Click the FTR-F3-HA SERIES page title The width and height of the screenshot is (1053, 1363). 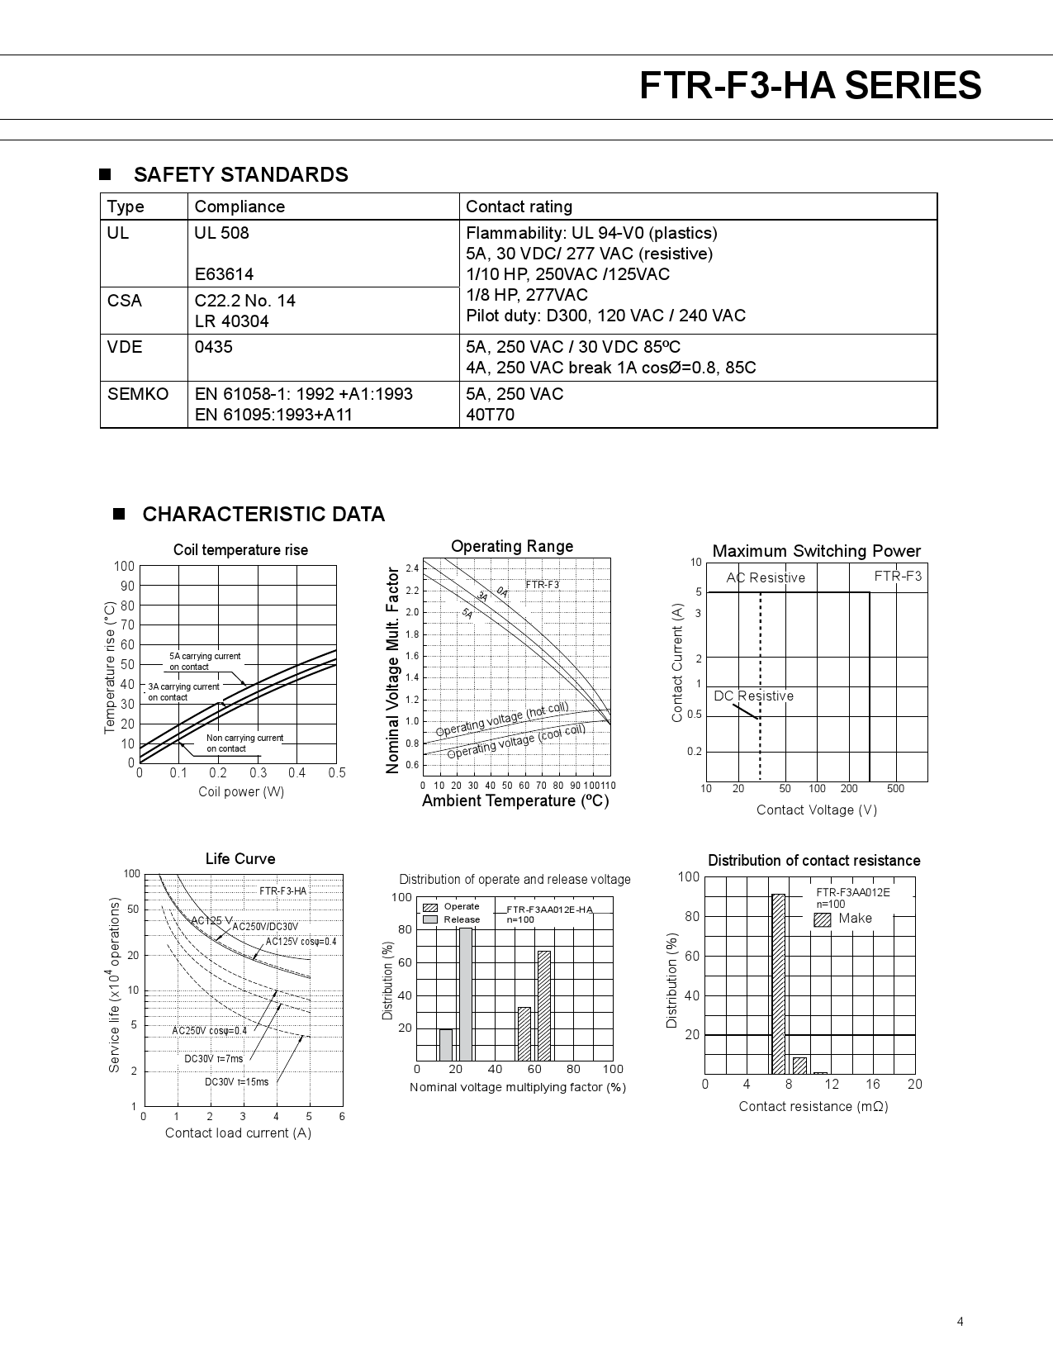(810, 86)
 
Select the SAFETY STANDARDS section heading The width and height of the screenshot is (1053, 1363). (240, 174)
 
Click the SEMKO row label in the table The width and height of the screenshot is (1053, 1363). (137, 394)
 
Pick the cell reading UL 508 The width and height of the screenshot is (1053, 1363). (221, 233)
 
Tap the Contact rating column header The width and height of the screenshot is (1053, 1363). (519, 207)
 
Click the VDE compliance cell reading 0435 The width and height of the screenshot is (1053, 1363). (213, 347)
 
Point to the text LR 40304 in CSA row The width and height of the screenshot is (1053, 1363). (231, 321)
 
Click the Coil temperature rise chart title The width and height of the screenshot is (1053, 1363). (240, 550)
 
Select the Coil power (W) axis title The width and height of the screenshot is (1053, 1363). (240, 792)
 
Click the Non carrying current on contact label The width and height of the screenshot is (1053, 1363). (244, 743)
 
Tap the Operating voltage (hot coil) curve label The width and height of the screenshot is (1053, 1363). (502, 719)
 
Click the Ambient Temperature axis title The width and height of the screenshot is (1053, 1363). (515, 801)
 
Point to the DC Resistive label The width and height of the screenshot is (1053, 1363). (753, 696)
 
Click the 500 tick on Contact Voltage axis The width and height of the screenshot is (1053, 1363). (895, 789)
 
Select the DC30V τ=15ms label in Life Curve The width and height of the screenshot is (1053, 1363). (236, 1082)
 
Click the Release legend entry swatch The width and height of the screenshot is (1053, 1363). (430, 919)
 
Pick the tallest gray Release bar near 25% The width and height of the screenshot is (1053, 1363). (466, 994)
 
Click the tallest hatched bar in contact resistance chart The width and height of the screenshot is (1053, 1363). (778, 983)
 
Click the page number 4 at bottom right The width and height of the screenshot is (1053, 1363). (960, 1321)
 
